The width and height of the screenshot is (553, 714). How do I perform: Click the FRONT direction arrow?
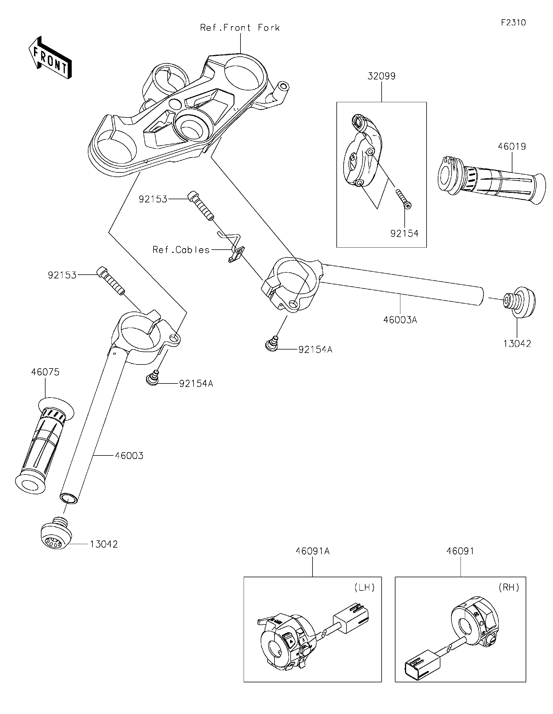pyautogui.click(x=50, y=58)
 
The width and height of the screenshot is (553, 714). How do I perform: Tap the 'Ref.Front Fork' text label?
pyautogui.click(x=240, y=28)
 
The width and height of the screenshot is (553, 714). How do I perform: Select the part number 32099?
pyautogui.click(x=381, y=76)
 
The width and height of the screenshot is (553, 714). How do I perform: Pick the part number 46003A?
pyautogui.click(x=400, y=320)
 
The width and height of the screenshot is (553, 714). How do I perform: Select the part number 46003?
pyautogui.click(x=129, y=456)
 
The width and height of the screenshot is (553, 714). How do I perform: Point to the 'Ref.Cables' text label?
pyautogui.click(x=181, y=250)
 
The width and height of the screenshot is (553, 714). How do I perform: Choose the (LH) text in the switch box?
pyautogui.click(x=364, y=588)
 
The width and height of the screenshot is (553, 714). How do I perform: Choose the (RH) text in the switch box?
pyautogui.click(x=509, y=588)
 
